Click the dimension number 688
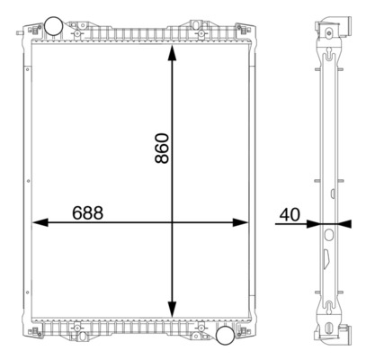pos(88,213)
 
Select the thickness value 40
pos(290,214)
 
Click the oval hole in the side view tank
pos(328,237)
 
